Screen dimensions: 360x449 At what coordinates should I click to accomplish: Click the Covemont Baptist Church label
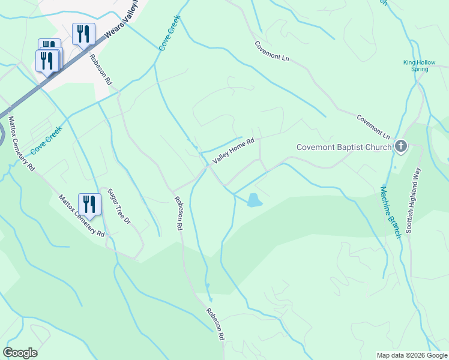344,147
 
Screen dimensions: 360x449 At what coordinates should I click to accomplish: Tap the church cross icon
401,146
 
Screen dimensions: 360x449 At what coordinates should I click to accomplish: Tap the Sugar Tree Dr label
118,206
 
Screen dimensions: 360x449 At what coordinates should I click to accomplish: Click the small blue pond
254,200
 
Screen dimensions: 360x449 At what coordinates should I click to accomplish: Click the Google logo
20,352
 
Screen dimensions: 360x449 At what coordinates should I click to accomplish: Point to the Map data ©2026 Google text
411,355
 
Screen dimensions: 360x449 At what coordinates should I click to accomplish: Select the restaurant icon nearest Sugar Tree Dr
89,205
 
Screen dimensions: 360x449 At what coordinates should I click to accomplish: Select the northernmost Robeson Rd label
101,69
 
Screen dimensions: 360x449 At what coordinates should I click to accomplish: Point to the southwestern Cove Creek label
47,140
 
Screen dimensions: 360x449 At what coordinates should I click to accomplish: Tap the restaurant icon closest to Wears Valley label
83,33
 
